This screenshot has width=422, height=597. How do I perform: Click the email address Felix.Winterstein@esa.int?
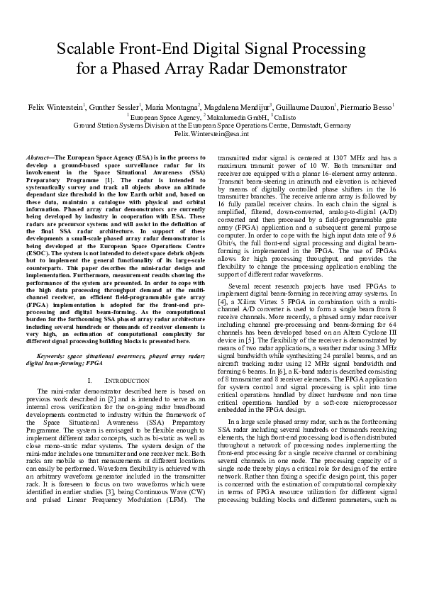click(x=211, y=133)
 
